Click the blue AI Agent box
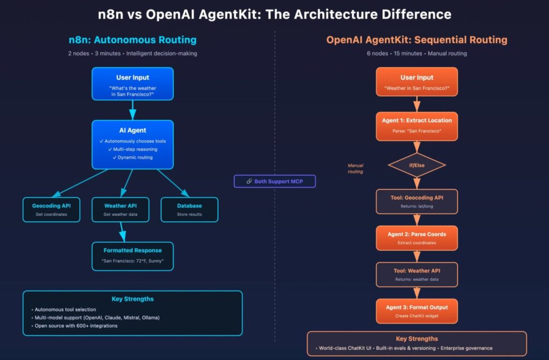[132, 144]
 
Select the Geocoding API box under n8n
[51, 209]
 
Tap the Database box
[189, 209]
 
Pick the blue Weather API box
[120, 209]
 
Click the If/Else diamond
[417, 166]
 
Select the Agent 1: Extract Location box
[417, 125]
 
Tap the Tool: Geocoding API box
[417, 201]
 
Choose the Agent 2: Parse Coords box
[417, 238]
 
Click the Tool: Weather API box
[417, 274]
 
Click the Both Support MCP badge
[274, 182]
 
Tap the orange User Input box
[417, 81]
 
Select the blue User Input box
[132, 84]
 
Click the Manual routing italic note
[355, 169]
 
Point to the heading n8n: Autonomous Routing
[132, 40]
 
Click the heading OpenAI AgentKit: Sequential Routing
[417, 40]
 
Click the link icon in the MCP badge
[249, 182]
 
